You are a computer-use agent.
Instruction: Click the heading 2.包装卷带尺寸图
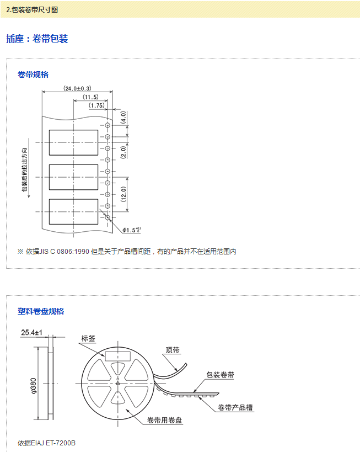pyautogui.click(x=31, y=10)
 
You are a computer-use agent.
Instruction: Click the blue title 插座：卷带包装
pyautogui.click(x=37, y=39)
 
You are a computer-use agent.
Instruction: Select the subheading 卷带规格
pyautogui.click(x=33, y=75)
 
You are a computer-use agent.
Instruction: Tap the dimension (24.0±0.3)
pyautogui.click(x=77, y=88)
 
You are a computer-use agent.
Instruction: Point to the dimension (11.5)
pyautogui.click(x=90, y=97)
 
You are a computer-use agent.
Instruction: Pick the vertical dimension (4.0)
pyautogui.click(x=124, y=118)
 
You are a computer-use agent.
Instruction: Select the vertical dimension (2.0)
pyautogui.click(x=124, y=151)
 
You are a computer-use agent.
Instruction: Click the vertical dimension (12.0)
pyautogui.click(x=124, y=194)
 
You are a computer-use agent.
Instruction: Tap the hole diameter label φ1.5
pyautogui.click(x=131, y=230)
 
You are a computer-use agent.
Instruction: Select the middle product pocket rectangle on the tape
pyautogui.click(x=73, y=177)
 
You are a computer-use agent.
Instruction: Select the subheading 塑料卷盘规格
pyautogui.click(x=41, y=311)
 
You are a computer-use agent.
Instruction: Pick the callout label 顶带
pyautogui.click(x=173, y=350)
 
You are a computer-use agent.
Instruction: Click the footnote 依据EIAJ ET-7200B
pyautogui.click(x=46, y=443)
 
